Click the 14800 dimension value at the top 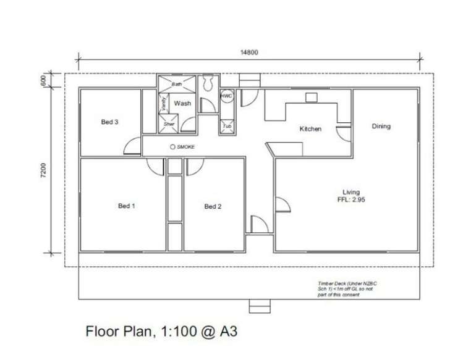click(249, 52)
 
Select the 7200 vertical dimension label click(44, 171)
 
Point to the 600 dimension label click(44, 81)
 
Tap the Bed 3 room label click(109, 122)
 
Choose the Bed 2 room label click(213, 206)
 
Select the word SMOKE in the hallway click(185, 147)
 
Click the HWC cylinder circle click(227, 96)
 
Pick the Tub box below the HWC click(227, 126)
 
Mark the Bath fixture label click(177, 83)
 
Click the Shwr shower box click(169, 125)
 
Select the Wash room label click(182, 104)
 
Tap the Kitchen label click(310, 129)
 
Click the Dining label click(381, 126)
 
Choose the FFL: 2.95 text click(352, 200)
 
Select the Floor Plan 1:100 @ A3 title click(161, 332)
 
